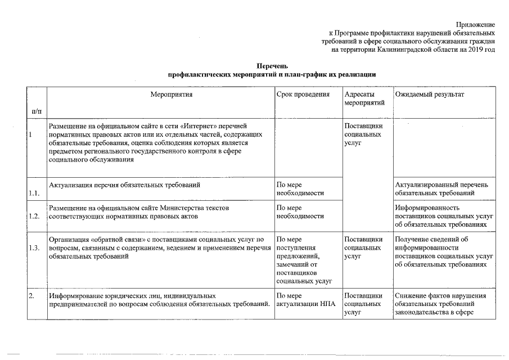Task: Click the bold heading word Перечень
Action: pyautogui.click(x=272, y=66)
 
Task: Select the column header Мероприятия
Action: pyautogui.click(x=172, y=94)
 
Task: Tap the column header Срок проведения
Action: pyautogui.click(x=303, y=94)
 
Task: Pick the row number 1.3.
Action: pyautogui.click(x=34, y=248)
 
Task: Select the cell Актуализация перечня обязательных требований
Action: pyautogui.click(x=125, y=184)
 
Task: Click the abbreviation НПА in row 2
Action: pyautogui.click(x=326, y=304)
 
